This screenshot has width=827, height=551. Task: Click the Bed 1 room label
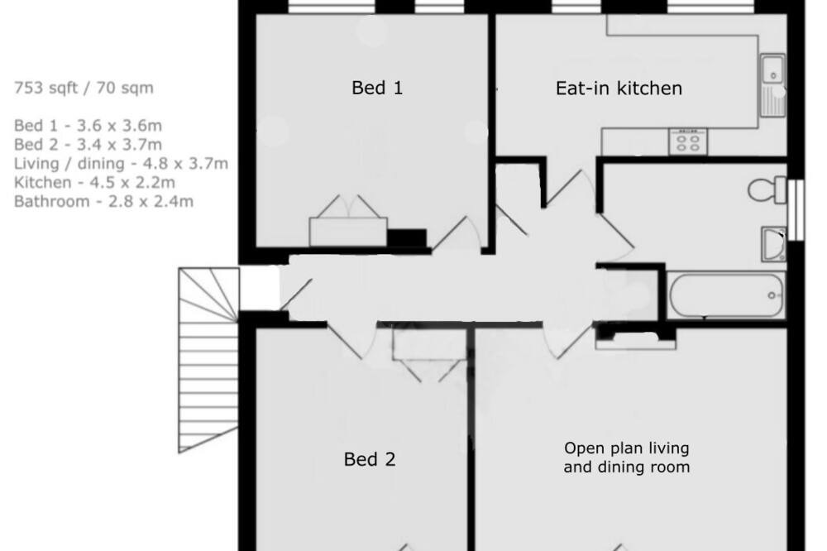click(x=377, y=88)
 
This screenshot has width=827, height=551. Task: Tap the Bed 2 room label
click(x=369, y=459)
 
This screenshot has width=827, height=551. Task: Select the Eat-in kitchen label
click(x=619, y=89)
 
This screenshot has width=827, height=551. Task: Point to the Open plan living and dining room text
click(x=627, y=458)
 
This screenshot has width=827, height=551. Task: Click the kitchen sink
click(x=772, y=85)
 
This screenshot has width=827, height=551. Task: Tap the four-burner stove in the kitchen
click(x=688, y=141)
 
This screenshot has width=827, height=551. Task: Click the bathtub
click(x=726, y=295)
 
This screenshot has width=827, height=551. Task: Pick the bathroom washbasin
click(x=774, y=244)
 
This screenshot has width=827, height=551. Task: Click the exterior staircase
click(x=208, y=360)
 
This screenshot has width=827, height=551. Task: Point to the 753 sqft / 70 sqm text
click(x=84, y=88)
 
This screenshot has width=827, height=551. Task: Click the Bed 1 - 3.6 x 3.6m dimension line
click(x=88, y=126)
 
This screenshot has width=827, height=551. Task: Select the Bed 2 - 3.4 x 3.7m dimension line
click(x=88, y=145)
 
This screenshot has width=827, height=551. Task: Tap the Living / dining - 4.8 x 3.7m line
click(x=121, y=164)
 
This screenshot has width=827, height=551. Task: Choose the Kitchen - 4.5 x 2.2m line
click(x=94, y=183)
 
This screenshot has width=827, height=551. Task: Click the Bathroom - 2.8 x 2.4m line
click(x=103, y=202)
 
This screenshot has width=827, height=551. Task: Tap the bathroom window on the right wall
click(x=796, y=210)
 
